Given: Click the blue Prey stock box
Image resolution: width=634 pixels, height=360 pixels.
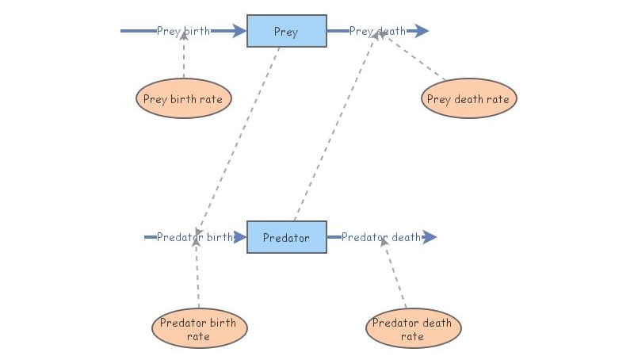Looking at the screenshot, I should pyautogui.click(x=286, y=32).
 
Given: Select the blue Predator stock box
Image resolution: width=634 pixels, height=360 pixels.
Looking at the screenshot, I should pyautogui.click(x=286, y=237).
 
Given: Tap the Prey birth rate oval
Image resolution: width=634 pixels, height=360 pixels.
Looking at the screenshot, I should pyautogui.click(x=184, y=100).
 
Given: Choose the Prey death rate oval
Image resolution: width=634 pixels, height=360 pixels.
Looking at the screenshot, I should pyautogui.click(x=468, y=100).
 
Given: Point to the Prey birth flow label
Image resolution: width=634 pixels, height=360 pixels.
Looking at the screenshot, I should pyautogui.click(x=184, y=32).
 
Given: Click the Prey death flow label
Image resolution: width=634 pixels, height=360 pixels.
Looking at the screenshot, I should pyautogui.click(x=377, y=32).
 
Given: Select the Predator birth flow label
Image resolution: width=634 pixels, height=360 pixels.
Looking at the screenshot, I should pyautogui.click(x=195, y=237).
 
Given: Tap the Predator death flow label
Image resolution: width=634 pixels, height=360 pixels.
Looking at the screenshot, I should pyautogui.click(x=381, y=237).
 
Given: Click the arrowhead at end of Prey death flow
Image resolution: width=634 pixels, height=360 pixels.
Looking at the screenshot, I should pyautogui.click(x=422, y=32).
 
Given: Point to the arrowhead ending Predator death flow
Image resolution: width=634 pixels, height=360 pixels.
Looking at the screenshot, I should pyautogui.click(x=430, y=237).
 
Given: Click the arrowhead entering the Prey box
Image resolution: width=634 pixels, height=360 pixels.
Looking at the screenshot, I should pyautogui.click(x=240, y=32).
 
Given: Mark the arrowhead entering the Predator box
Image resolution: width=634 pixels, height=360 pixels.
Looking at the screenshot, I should pyautogui.click(x=241, y=237).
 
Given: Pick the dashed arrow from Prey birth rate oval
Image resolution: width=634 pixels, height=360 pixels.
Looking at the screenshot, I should pyautogui.click(x=184, y=59).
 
